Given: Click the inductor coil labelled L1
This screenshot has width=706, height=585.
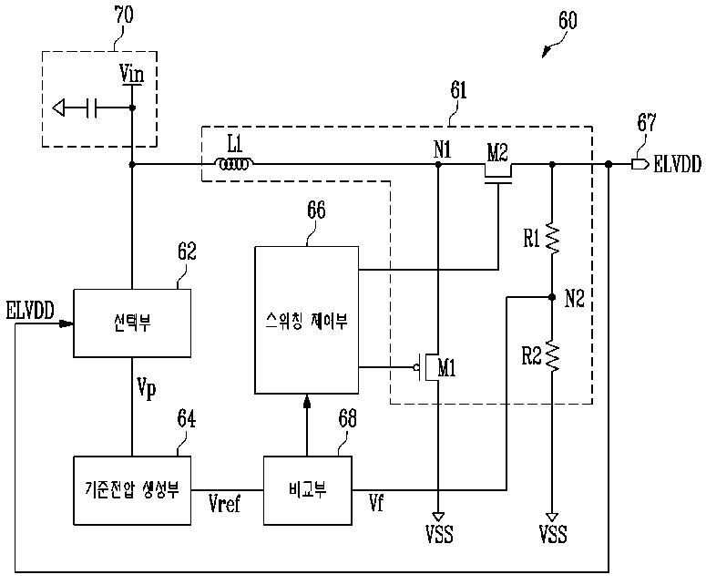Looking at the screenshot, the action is click(x=234, y=164).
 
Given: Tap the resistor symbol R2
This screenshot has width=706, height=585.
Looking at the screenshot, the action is click(x=552, y=355).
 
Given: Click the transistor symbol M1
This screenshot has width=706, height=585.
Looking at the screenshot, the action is click(x=428, y=367).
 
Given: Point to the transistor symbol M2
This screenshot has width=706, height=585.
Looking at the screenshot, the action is click(x=498, y=173).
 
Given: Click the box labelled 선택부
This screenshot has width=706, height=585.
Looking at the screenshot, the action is click(x=132, y=323).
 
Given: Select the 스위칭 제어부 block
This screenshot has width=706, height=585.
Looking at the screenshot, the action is click(x=307, y=320).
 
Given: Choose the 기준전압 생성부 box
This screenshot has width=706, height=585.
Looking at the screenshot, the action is click(x=132, y=490).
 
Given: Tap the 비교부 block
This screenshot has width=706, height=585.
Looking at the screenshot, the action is click(x=308, y=490).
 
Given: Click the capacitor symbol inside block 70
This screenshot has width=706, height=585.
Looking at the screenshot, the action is click(x=91, y=108).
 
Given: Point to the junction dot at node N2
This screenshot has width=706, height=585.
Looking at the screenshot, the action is click(x=552, y=297).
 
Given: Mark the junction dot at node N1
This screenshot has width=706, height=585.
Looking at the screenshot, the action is click(x=438, y=165).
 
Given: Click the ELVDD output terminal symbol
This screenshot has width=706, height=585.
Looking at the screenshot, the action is click(x=639, y=164).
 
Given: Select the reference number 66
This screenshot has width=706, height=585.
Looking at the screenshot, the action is click(x=316, y=210).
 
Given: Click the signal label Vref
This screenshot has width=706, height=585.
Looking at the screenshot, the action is click(x=225, y=503).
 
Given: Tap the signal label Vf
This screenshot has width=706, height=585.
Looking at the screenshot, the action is click(x=376, y=503).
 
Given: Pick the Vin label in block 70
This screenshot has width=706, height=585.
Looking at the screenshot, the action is click(x=131, y=74).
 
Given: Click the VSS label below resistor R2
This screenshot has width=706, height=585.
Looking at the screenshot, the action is click(x=553, y=534).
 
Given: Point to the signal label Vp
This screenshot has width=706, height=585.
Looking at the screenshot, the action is click(x=147, y=388).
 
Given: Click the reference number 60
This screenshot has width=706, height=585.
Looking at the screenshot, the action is click(x=568, y=20).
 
